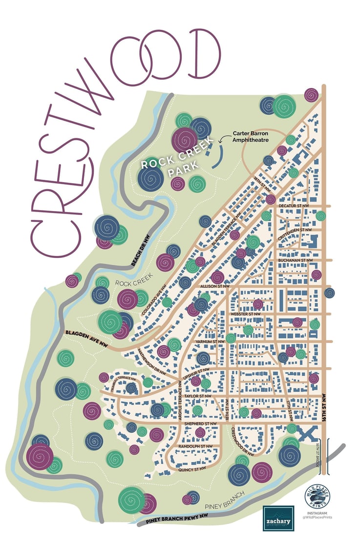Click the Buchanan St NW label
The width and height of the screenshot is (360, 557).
(x=295, y=260)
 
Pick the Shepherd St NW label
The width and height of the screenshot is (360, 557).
(x=200, y=423)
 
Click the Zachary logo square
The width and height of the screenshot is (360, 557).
(x=278, y=518)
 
